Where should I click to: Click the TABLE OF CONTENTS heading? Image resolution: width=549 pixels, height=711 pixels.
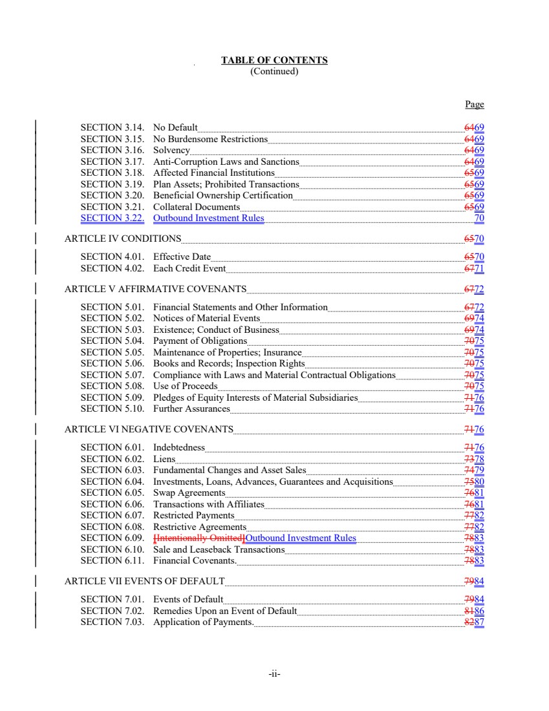(274, 61)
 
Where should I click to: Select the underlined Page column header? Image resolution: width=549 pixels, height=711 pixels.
(474, 105)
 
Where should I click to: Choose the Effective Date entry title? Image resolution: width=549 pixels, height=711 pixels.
(182, 257)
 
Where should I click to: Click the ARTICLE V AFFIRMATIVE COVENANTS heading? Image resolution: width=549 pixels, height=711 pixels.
(155, 289)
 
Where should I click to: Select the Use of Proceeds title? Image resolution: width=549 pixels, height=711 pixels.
(185, 387)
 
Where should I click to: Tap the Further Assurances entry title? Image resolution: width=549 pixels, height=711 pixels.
(191, 409)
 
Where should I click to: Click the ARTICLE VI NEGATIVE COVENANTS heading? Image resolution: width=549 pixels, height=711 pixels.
(149, 429)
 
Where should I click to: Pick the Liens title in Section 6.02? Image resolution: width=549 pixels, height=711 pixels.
(164, 460)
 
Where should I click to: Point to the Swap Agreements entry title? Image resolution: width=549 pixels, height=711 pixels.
(189, 493)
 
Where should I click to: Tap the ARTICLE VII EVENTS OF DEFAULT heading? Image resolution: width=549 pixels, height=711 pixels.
(145, 581)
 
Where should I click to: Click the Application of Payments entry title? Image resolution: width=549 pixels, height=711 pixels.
(202, 622)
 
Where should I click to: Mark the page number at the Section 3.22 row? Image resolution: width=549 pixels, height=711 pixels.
(479, 218)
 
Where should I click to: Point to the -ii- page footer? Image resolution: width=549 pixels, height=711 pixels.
(274, 674)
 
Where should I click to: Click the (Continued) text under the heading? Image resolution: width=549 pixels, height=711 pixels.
(274, 72)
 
